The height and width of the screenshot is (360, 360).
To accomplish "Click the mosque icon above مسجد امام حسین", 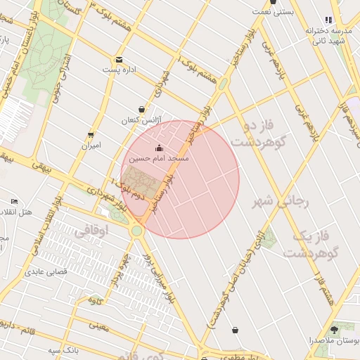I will (158, 148).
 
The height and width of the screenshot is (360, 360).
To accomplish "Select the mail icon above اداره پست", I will (119, 60).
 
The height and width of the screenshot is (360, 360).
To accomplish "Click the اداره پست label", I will (119, 70).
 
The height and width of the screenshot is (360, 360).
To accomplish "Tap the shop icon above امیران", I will (91, 135).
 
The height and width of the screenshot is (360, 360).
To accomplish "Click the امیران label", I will (91, 146).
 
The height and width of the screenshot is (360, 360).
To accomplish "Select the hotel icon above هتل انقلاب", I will (14, 202).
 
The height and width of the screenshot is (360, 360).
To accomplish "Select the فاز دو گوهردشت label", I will (252, 134).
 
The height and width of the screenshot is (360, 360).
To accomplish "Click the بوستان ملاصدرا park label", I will (333, 341).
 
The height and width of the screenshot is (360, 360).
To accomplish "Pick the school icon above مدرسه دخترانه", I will (328, 20).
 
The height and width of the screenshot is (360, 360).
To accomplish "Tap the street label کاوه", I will (95, 301).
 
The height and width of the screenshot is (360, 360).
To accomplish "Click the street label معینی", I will (99, 326).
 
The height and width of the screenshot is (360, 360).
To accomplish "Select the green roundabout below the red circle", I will (136, 231).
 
